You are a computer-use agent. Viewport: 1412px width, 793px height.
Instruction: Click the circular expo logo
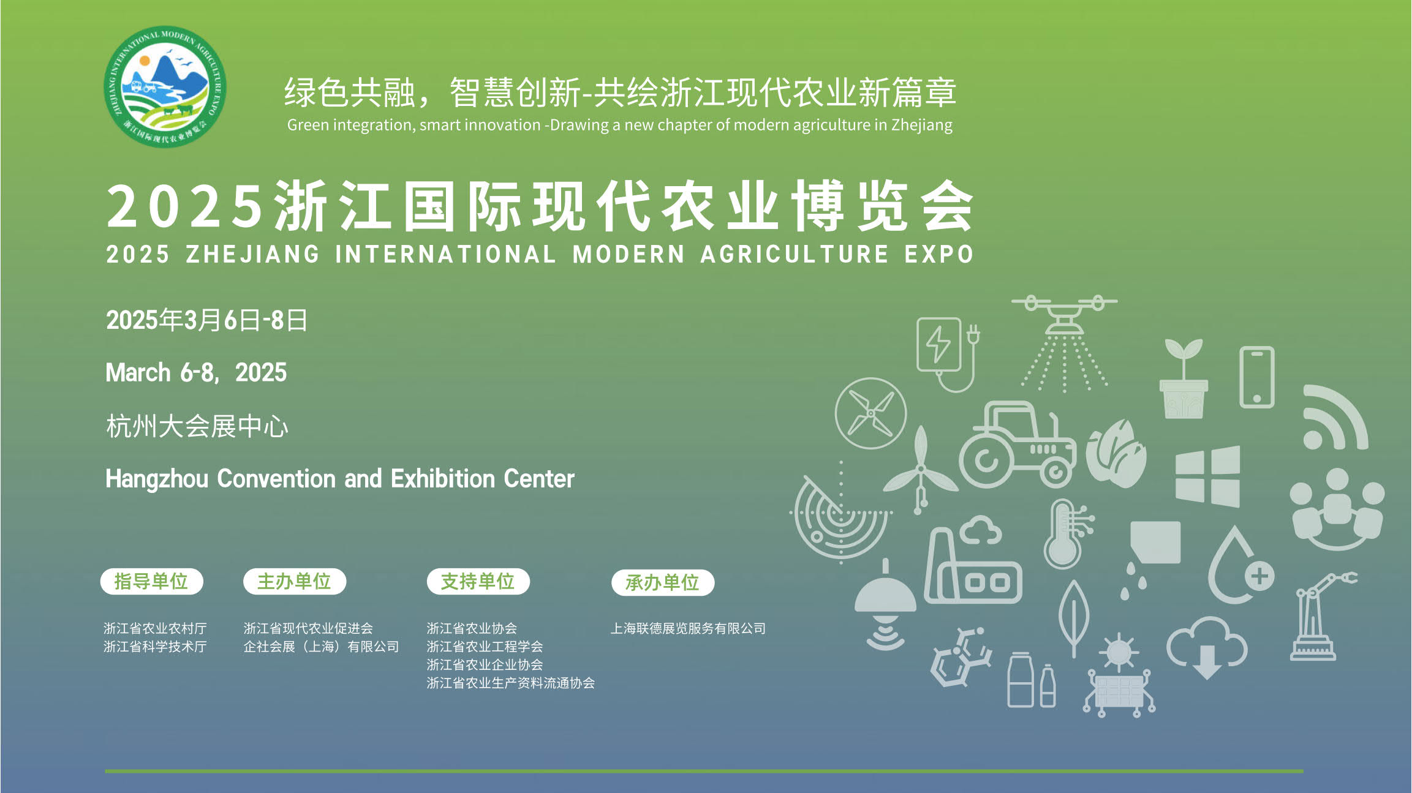point(165,86)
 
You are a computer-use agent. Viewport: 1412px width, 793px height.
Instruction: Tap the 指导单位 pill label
point(151,581)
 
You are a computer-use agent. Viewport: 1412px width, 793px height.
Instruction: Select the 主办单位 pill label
point(295,581)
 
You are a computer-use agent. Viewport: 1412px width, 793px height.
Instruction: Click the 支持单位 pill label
point(478,581)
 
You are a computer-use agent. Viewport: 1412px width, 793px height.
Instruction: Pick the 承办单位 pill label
point(663,582)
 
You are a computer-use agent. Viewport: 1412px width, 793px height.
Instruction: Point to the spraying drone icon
point(1065,343)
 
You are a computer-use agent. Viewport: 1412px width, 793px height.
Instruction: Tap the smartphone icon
point(1257,377)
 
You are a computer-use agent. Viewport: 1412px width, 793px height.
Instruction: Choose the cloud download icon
point(1207,648)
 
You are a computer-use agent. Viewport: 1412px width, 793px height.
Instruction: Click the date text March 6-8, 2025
point(196,372)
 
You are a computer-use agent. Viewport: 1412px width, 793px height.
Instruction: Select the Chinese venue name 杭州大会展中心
point(197,426)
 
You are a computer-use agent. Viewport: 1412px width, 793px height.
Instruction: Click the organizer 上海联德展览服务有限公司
point(688,628)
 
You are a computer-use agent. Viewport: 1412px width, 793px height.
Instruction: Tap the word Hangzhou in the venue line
point(157,479)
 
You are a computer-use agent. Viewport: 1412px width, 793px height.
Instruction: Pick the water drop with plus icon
point(1240,566)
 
